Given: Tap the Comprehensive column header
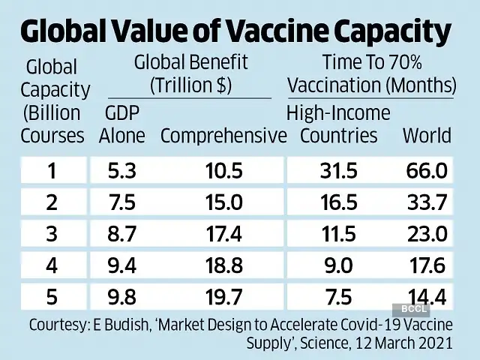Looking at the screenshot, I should click(x=223, y=136).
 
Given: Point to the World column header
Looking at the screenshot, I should click(x=427, y=136).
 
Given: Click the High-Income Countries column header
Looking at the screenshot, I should click(x=339, y=124).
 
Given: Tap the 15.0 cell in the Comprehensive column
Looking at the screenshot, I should click(x=224, y=203).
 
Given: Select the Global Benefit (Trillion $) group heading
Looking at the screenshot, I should click(x=190, y=73).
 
